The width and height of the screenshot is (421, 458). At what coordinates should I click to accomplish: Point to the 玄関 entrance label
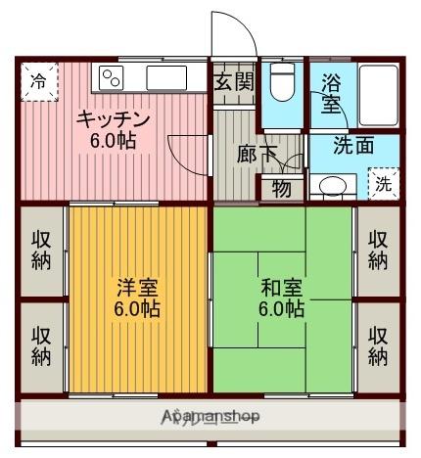click(x=236, y=81)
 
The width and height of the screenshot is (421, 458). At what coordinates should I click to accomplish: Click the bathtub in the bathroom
click(x=376, y=94)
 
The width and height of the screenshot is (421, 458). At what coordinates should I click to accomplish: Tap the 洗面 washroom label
click(x=352, y=146)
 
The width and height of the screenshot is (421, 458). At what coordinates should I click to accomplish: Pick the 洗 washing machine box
click(x=384, y=183)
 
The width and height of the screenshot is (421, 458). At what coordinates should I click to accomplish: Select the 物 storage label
click(x=282, y=188)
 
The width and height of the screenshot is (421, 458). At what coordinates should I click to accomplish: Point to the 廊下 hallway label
click(x=257, y=154)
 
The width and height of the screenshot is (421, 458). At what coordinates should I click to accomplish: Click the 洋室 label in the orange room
click(x=137, y=298)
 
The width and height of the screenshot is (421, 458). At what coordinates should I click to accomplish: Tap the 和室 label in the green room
click(x=281, y=298)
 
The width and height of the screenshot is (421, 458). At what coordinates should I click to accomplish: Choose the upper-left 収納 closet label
click(x=41, y=249)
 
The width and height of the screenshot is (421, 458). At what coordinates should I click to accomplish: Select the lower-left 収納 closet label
click(x=41, y=344)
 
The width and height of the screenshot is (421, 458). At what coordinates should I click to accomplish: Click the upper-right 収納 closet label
click(x=379, y=249)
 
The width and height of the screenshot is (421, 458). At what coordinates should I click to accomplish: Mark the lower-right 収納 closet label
click(x=379, y=344)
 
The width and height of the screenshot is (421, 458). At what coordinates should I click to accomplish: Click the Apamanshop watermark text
click(x=210, y=417)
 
